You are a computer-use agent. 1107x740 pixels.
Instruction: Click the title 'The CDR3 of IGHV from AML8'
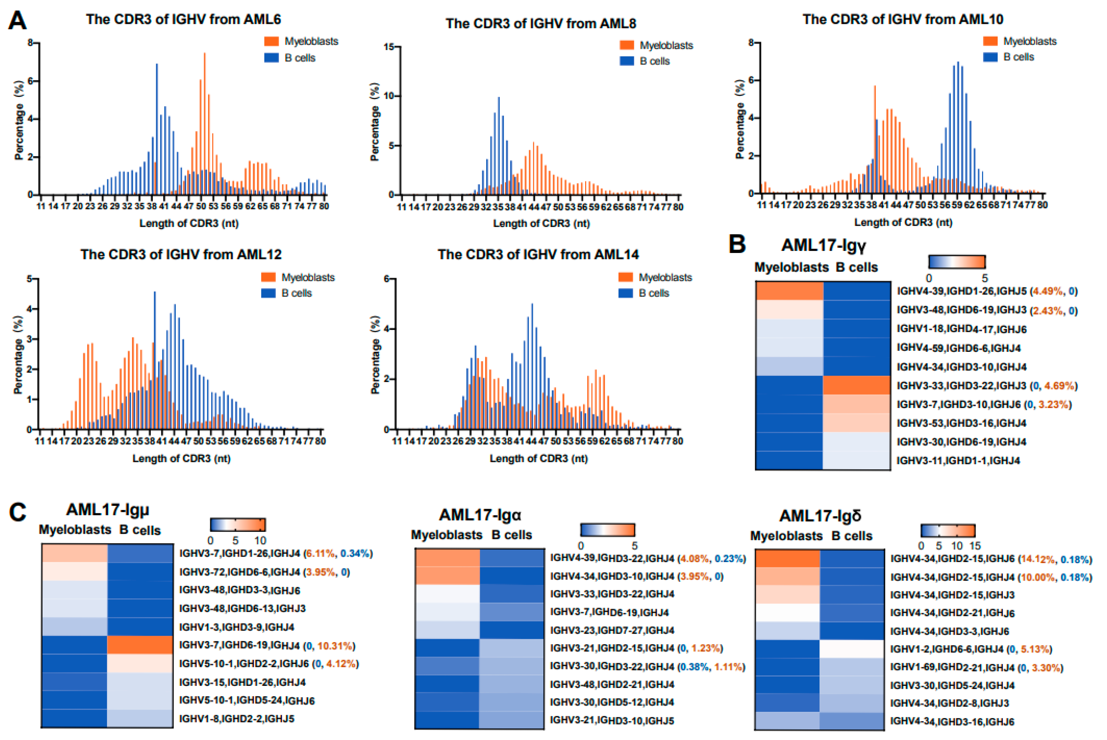tap(541, 23)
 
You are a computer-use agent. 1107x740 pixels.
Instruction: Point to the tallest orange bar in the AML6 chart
tap(204, 123)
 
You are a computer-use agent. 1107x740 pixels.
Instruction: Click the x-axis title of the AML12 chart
tap(181, 458)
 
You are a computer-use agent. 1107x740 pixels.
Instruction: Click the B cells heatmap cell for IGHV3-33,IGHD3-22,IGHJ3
tap(857, 385)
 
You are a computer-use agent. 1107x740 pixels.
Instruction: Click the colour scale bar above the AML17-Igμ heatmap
tap(238, 525)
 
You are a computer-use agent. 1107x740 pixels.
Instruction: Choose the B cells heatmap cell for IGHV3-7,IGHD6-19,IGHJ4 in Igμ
tap(140, 645)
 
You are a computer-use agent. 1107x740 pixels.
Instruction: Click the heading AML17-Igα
tap(480, 514)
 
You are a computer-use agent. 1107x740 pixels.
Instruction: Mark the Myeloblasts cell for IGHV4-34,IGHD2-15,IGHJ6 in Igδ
tap(787, 559)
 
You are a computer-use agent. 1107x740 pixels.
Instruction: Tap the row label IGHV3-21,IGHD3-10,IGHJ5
tap(612, 720)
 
